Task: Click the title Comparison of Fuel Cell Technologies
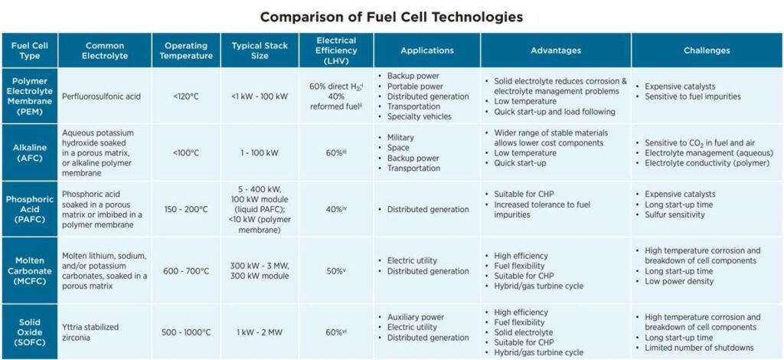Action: pos(392,16)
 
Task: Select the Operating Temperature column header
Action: pos(183,51)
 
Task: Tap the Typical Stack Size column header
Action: pos(260,51)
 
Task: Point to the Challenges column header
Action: pos(707,51)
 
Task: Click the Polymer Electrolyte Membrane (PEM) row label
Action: pos(30,97)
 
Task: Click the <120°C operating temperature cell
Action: pos(183,97)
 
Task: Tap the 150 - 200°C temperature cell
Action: pos(183,209)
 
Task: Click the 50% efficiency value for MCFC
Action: pos(335,271)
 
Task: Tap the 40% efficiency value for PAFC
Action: pos(335,209)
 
